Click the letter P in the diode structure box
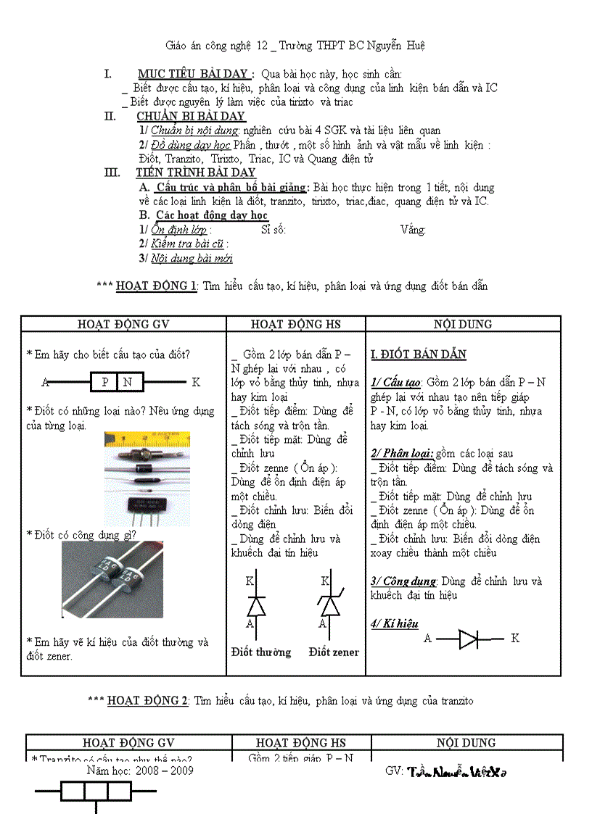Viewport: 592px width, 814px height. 104,382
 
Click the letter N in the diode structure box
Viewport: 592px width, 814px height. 128,382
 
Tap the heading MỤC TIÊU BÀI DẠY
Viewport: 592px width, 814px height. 195,74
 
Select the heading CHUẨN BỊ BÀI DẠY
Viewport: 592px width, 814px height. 191,116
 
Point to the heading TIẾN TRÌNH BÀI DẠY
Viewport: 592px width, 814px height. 195,173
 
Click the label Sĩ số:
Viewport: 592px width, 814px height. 272,230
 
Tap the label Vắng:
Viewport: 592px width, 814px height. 413,230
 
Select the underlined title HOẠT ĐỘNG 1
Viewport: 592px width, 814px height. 156,286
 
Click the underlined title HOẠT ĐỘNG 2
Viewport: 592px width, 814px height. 147,700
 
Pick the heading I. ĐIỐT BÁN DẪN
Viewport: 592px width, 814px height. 418,354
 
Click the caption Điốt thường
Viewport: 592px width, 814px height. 261,652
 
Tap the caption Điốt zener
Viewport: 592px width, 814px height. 334,652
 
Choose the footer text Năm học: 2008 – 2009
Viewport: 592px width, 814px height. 140,770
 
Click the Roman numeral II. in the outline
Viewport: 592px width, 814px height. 110,116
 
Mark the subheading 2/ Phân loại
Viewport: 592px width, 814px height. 402,454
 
